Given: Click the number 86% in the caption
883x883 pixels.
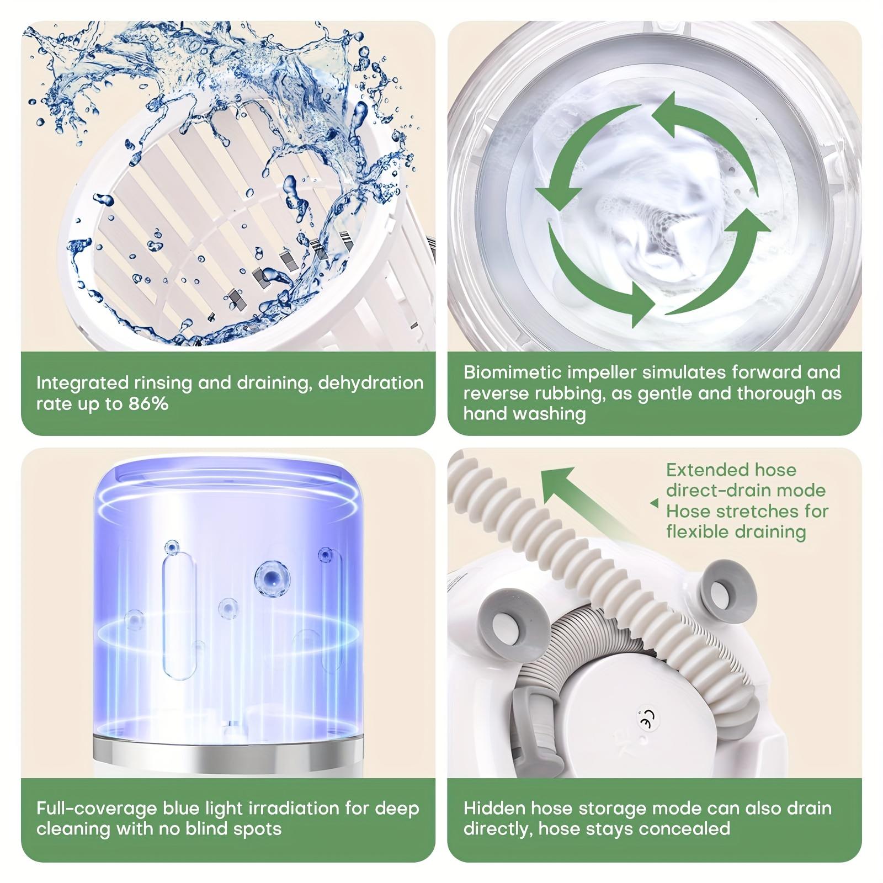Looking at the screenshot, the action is tap(148, 403).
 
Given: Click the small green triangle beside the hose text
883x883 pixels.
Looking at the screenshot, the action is tap(654, 503).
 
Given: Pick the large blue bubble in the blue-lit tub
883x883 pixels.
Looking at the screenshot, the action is tap(272, 578).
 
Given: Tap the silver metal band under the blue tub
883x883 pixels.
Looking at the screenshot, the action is tap(227, 751).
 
